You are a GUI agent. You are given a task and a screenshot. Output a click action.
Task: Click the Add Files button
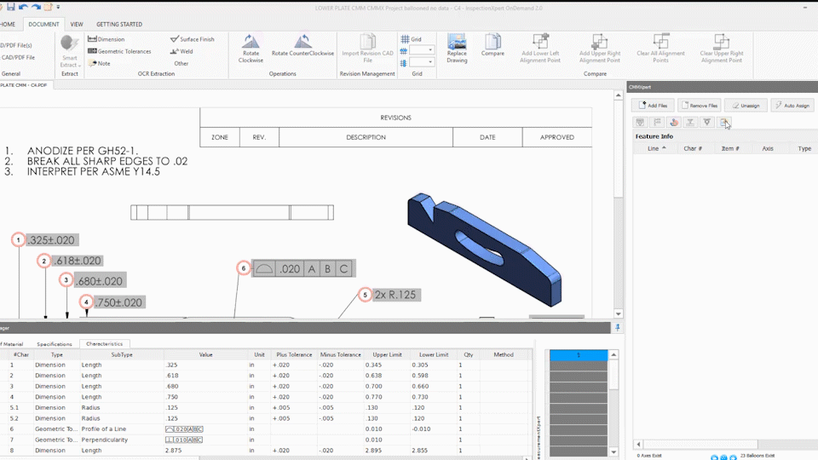653,105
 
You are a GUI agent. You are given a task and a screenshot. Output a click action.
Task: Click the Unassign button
746,105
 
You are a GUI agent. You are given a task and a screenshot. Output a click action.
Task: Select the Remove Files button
699,105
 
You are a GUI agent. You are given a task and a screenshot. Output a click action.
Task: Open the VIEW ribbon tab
77,25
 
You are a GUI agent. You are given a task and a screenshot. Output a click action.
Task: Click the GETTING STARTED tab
119,25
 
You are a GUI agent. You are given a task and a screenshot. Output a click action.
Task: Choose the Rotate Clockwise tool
251,49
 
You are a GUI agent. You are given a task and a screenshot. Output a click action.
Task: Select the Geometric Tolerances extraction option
119,51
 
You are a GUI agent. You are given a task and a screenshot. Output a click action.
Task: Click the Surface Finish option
192,39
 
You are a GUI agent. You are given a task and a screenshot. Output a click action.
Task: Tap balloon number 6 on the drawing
244,268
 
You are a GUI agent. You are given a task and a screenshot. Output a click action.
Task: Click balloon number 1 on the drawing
19,240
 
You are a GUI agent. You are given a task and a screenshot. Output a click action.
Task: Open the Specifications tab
55,344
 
